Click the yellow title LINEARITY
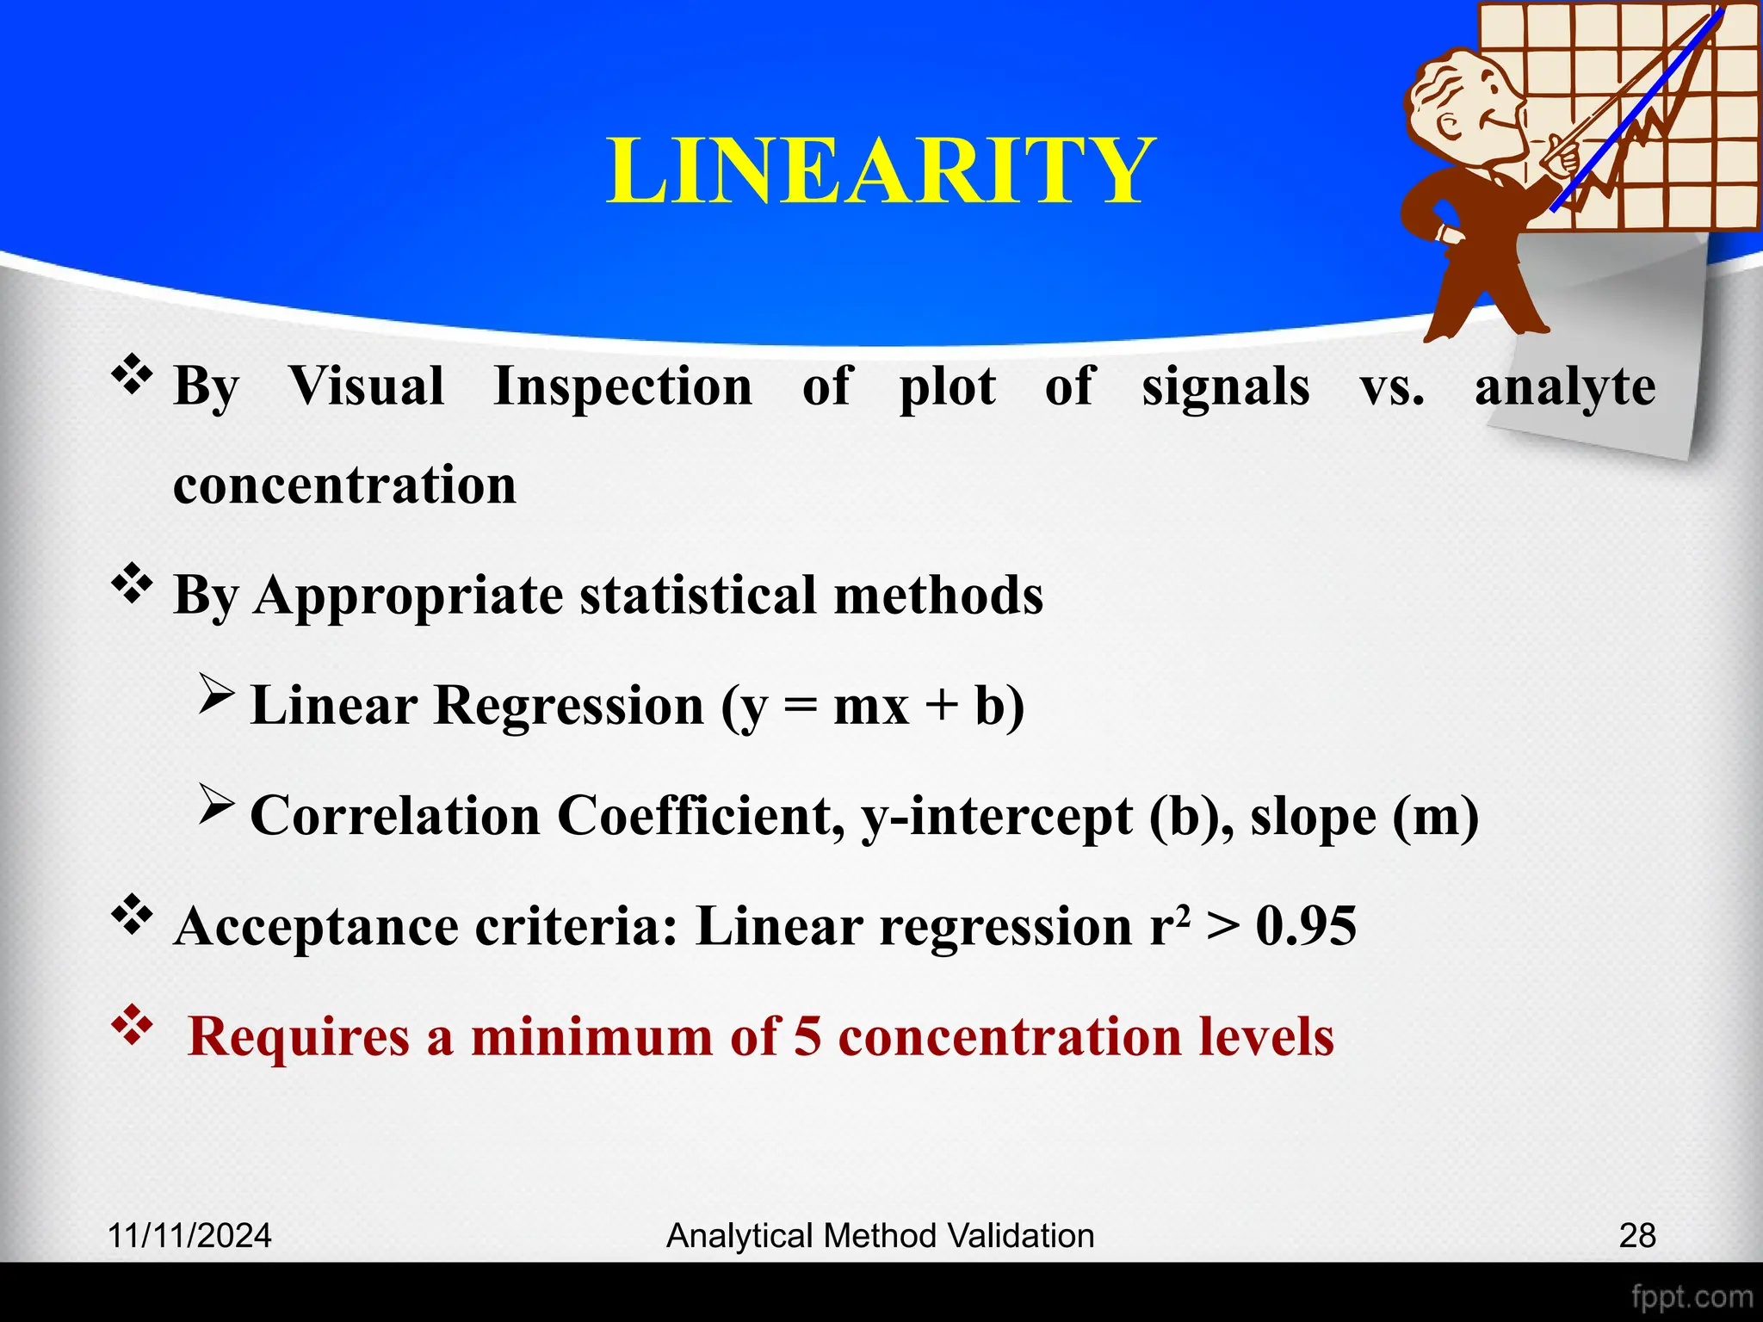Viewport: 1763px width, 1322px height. pos(880,170)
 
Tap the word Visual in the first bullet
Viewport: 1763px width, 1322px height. pos(366,386)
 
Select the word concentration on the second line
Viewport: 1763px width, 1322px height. pos(344,484)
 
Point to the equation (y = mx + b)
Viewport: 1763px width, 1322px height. pos(873,706)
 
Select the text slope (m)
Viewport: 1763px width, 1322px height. pos(1364,815)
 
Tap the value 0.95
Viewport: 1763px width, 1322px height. pos(1306,926)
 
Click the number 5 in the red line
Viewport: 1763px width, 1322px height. pos(807,1035)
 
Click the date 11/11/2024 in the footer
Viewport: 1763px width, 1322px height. pos(189,1236)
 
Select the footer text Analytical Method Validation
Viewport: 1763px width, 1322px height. pos(880,1236)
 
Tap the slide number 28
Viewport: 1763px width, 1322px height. pos(1636,1236)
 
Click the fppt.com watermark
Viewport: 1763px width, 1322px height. pos(1692,1296)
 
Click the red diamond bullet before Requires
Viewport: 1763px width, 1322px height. pos(132,1025)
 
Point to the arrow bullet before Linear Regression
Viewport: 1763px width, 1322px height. pos(216,694)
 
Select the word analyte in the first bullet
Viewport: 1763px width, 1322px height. pos(1564,387)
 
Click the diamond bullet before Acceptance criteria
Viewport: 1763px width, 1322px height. pos(132,915)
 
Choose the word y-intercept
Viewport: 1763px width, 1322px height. pos(996,815)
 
